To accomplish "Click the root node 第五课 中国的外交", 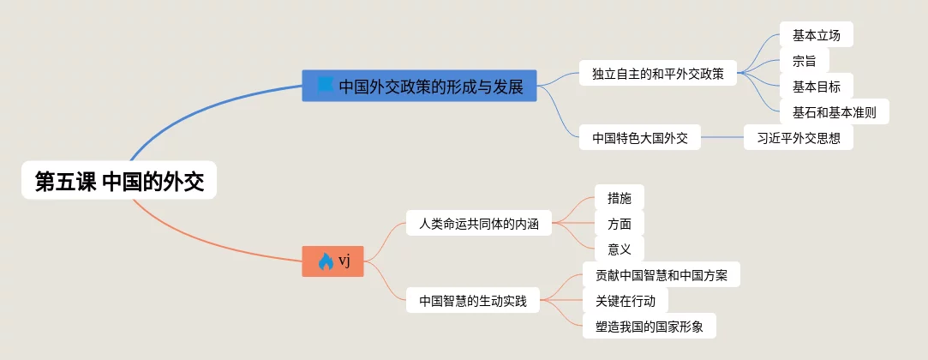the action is (x=119, y=181).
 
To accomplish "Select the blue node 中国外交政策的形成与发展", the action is (x=419, y=86).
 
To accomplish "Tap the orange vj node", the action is (x=333, y=261).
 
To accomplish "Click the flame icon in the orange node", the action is (x=325, y=261).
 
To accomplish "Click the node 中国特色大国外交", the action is (x=639, y=137).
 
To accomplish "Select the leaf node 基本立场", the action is (x=817, y=34).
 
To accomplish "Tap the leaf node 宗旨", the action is (x=804, y=60).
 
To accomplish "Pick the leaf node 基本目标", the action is (x=817, y=86).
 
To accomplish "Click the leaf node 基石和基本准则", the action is (x=834, y=111).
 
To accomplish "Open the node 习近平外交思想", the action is (x=798, y=137).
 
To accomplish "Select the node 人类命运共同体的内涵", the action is (x=479, y=224).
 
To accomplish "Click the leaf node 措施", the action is (x=619, y=198).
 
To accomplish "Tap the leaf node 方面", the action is (x=619, y=224).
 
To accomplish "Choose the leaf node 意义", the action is (x=619, y=249).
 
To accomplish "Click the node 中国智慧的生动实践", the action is (x=472, y=300).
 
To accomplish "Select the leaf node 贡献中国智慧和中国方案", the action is (x=661, y=274).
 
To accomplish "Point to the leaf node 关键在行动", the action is (x=625, y=300).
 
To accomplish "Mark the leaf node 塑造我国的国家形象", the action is (x=649, y=326).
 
